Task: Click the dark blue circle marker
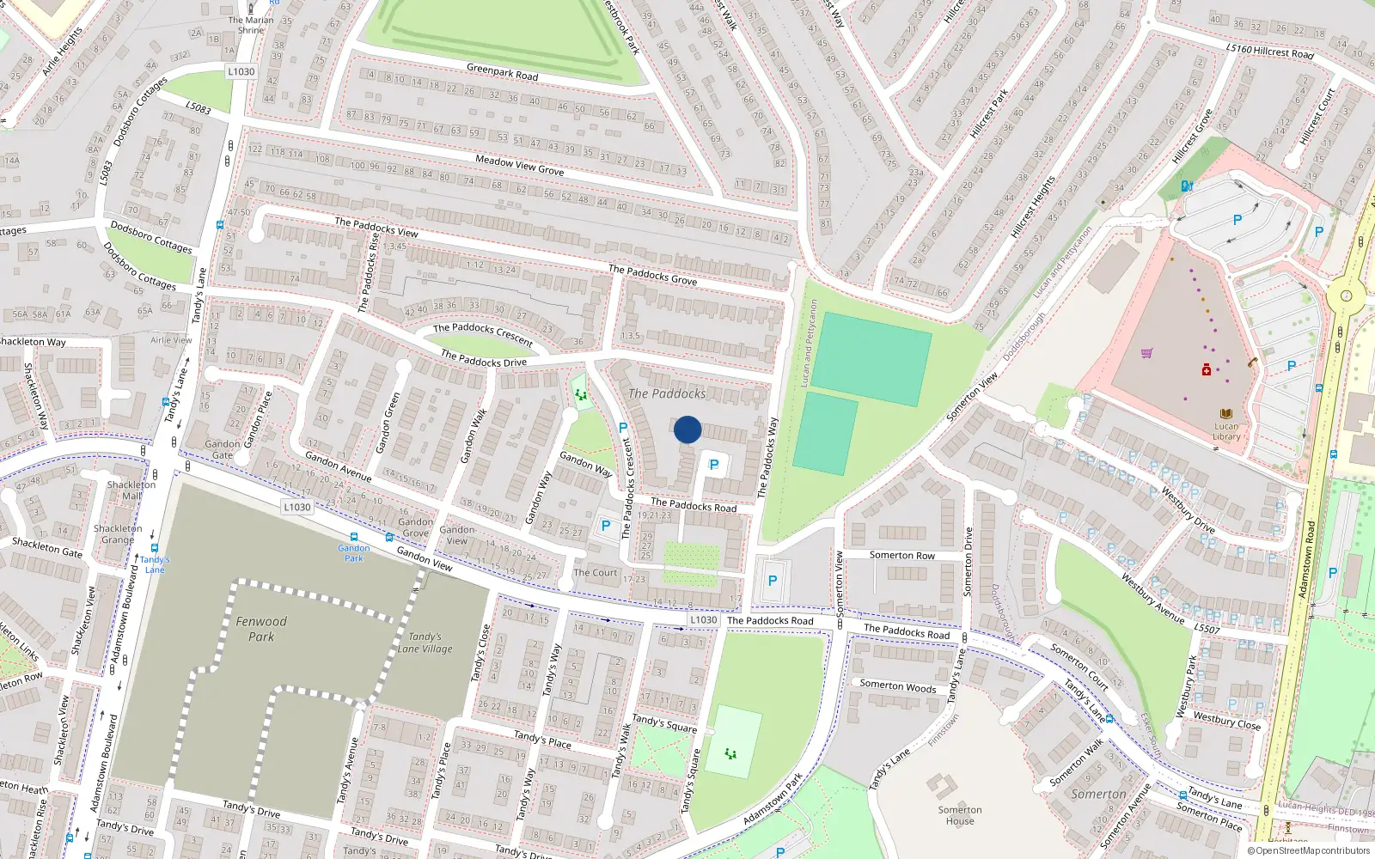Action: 687,429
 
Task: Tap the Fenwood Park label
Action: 261,629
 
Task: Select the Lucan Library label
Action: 1226,431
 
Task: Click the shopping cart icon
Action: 1146,353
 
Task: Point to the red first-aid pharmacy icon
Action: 1207,369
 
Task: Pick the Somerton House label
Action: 960,815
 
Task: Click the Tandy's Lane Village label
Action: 425,643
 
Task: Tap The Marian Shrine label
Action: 251,25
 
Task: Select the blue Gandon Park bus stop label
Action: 354,552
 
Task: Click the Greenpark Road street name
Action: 502,72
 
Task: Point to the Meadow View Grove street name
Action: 519,165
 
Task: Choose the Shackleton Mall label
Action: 131,490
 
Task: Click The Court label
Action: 596,573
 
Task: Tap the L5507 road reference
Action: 1207,629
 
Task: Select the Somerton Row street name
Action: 901,556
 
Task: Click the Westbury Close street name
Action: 1226,721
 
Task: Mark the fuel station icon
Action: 1187,186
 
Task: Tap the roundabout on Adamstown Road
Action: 1345,298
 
